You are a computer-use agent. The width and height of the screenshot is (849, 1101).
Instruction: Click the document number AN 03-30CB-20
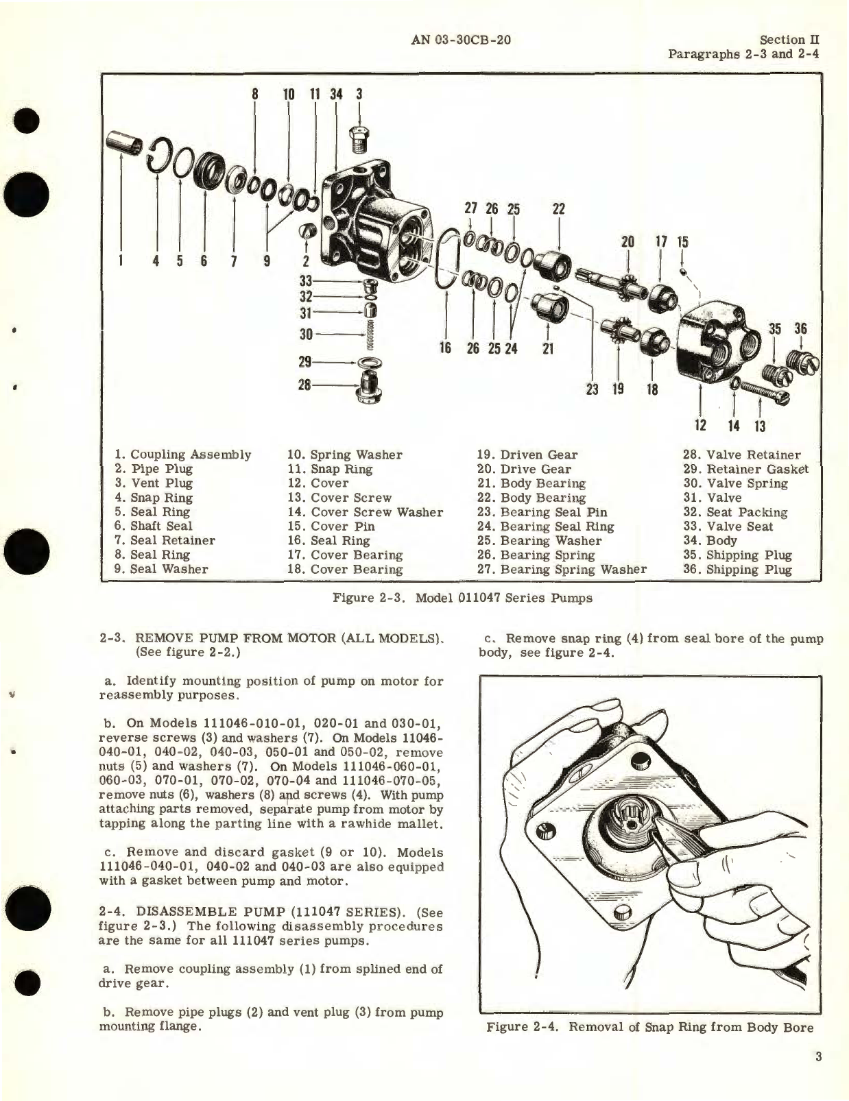(x=461, y=40)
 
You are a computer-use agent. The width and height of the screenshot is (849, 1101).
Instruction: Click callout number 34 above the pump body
(x=336, y=94)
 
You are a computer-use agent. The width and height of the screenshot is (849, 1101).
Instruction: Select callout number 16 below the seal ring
(x=446, y=348)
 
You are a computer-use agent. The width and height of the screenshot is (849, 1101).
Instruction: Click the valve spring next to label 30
(x=371, y=334)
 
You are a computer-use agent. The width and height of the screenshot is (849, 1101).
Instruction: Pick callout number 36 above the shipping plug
(x=801, y=328)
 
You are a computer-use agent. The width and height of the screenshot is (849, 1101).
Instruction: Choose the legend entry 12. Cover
(x=318, y=483)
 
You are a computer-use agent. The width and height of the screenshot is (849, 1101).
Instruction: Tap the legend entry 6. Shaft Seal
(x=154, y=526)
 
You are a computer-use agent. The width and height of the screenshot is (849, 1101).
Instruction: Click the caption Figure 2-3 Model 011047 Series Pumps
(x=462, y=597)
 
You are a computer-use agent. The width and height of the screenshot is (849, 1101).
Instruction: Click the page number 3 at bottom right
(x=818, y=1056)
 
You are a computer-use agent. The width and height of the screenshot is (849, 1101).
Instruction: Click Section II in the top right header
(x=789, y=40)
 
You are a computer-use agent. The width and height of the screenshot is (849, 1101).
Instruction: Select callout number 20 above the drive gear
(x=627, y=241)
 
